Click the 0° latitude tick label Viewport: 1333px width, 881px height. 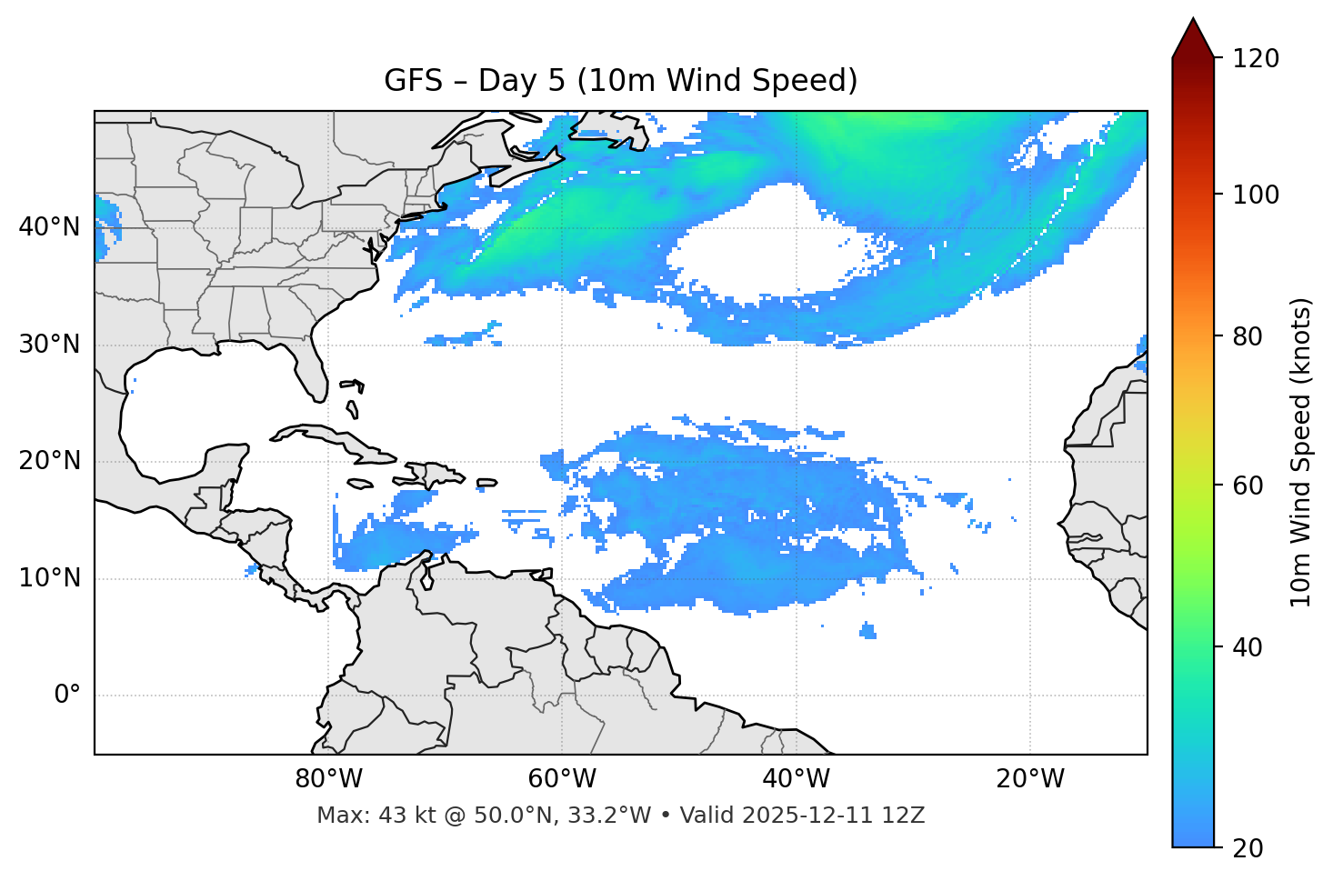pos(67,696)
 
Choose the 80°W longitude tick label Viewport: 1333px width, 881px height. pos(328,779)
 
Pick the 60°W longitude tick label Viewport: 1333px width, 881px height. pos(562,779)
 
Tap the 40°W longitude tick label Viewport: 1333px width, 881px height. pos(796,779)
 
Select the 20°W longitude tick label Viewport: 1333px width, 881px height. pos(1030,779)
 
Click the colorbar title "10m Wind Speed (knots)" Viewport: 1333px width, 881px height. pos(1301,453)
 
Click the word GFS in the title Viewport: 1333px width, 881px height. pos(415,81)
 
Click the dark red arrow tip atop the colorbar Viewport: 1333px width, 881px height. pos(1193,36)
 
